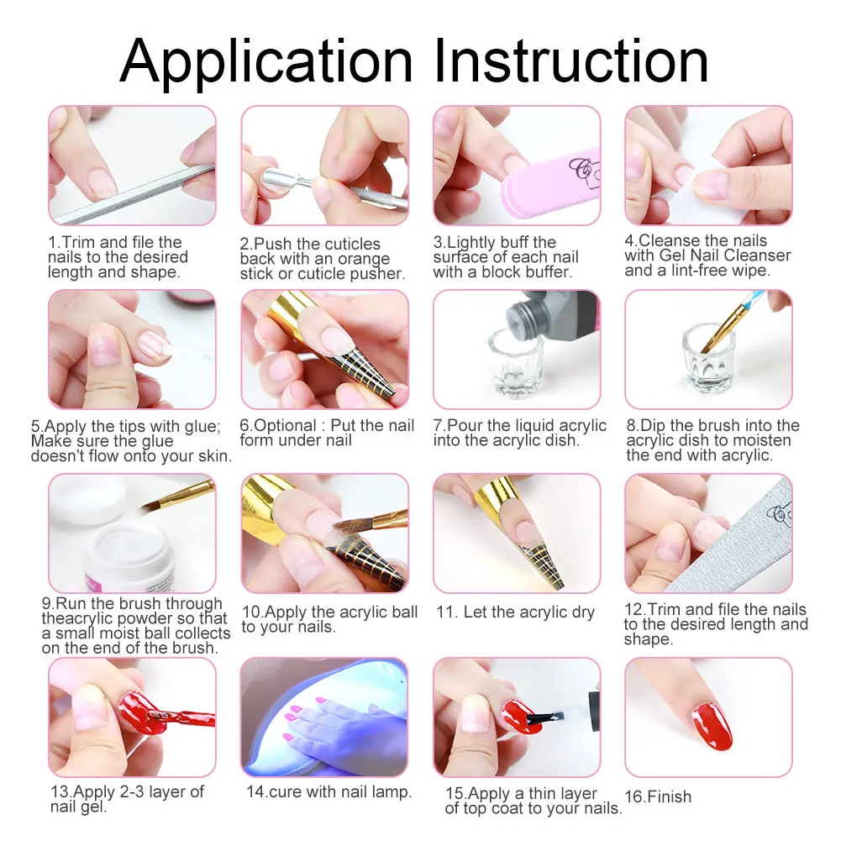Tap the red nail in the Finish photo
[711, 726]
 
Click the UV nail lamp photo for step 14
[324, 717]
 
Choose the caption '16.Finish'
[658, 796]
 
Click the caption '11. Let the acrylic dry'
[515, 612]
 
